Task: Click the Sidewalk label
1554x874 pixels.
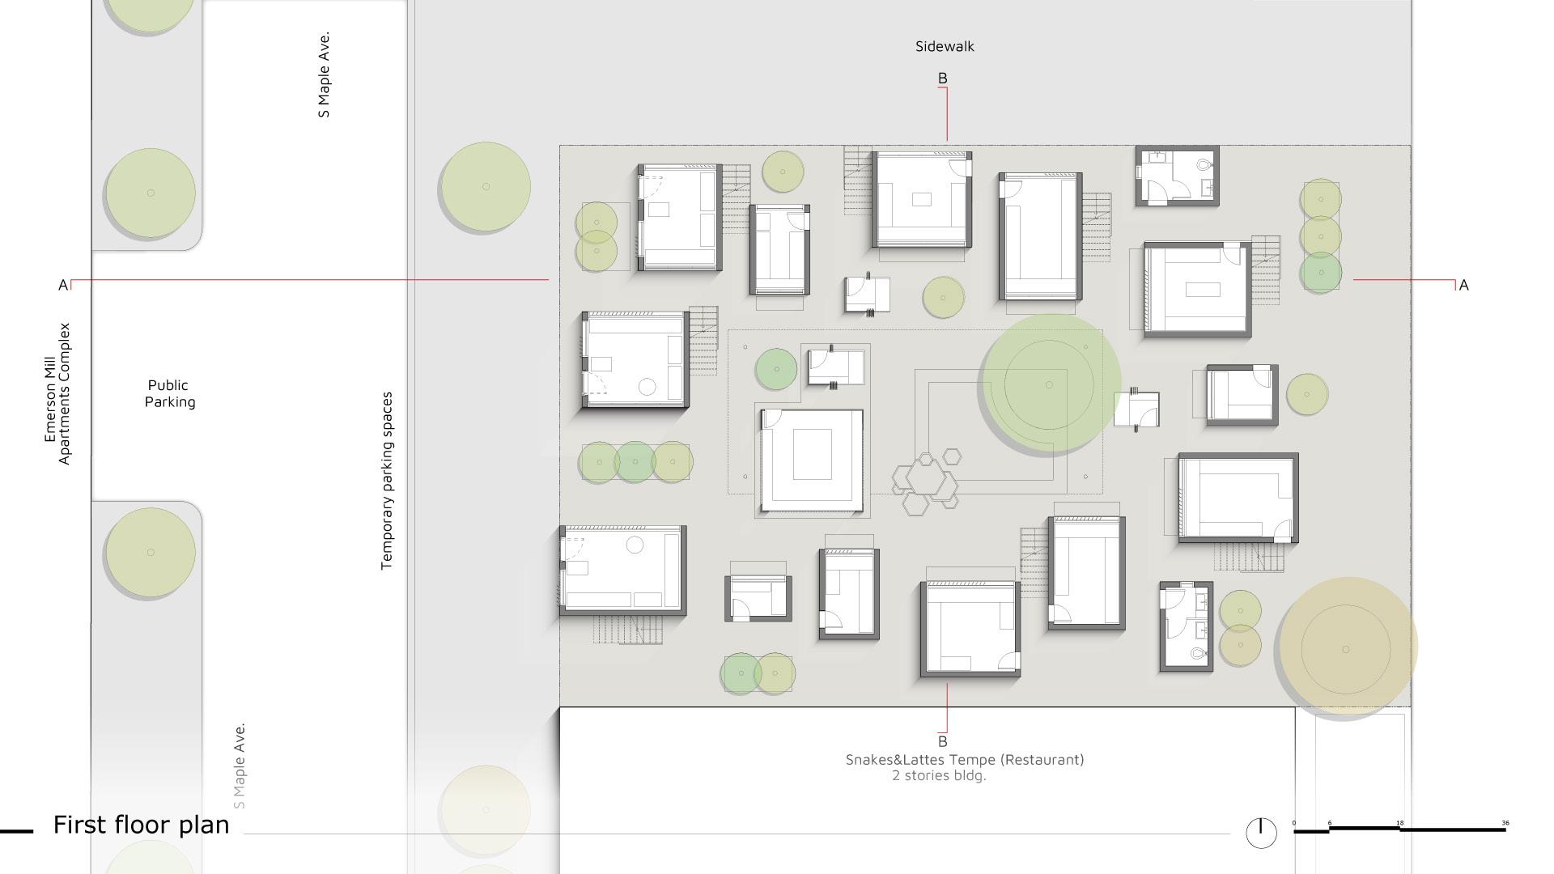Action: [x=945, y=46]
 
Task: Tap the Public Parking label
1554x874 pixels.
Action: [x=170, y=393]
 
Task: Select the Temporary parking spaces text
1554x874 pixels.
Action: [x=387, y=481]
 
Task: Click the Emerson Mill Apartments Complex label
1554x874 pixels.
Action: [x=57, y=393]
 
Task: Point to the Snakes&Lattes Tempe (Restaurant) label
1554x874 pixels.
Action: [x=965, y=759]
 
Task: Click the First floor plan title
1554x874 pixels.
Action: [x=142, y=825]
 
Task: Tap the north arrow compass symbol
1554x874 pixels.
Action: [x=1261, y=833]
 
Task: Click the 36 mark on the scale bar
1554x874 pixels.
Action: [x=1505, y=823]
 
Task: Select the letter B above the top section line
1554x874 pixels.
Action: [x=942, y=78]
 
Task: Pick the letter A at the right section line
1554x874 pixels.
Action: [x=1463, y=285]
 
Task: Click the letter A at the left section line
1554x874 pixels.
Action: [x=63, y=285]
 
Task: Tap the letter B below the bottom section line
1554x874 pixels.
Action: [x=942, y=741]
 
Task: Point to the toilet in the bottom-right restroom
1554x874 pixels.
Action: [x=1198, y=653]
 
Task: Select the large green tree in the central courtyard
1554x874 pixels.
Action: [x=1050, y=384]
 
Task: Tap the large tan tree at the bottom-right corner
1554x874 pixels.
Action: [x=1347, y=647]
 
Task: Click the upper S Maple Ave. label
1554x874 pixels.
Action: [x=324, y=75]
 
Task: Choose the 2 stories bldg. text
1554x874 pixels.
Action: [x=939, y=775]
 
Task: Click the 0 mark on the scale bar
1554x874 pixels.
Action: [x=1293, y=823]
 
